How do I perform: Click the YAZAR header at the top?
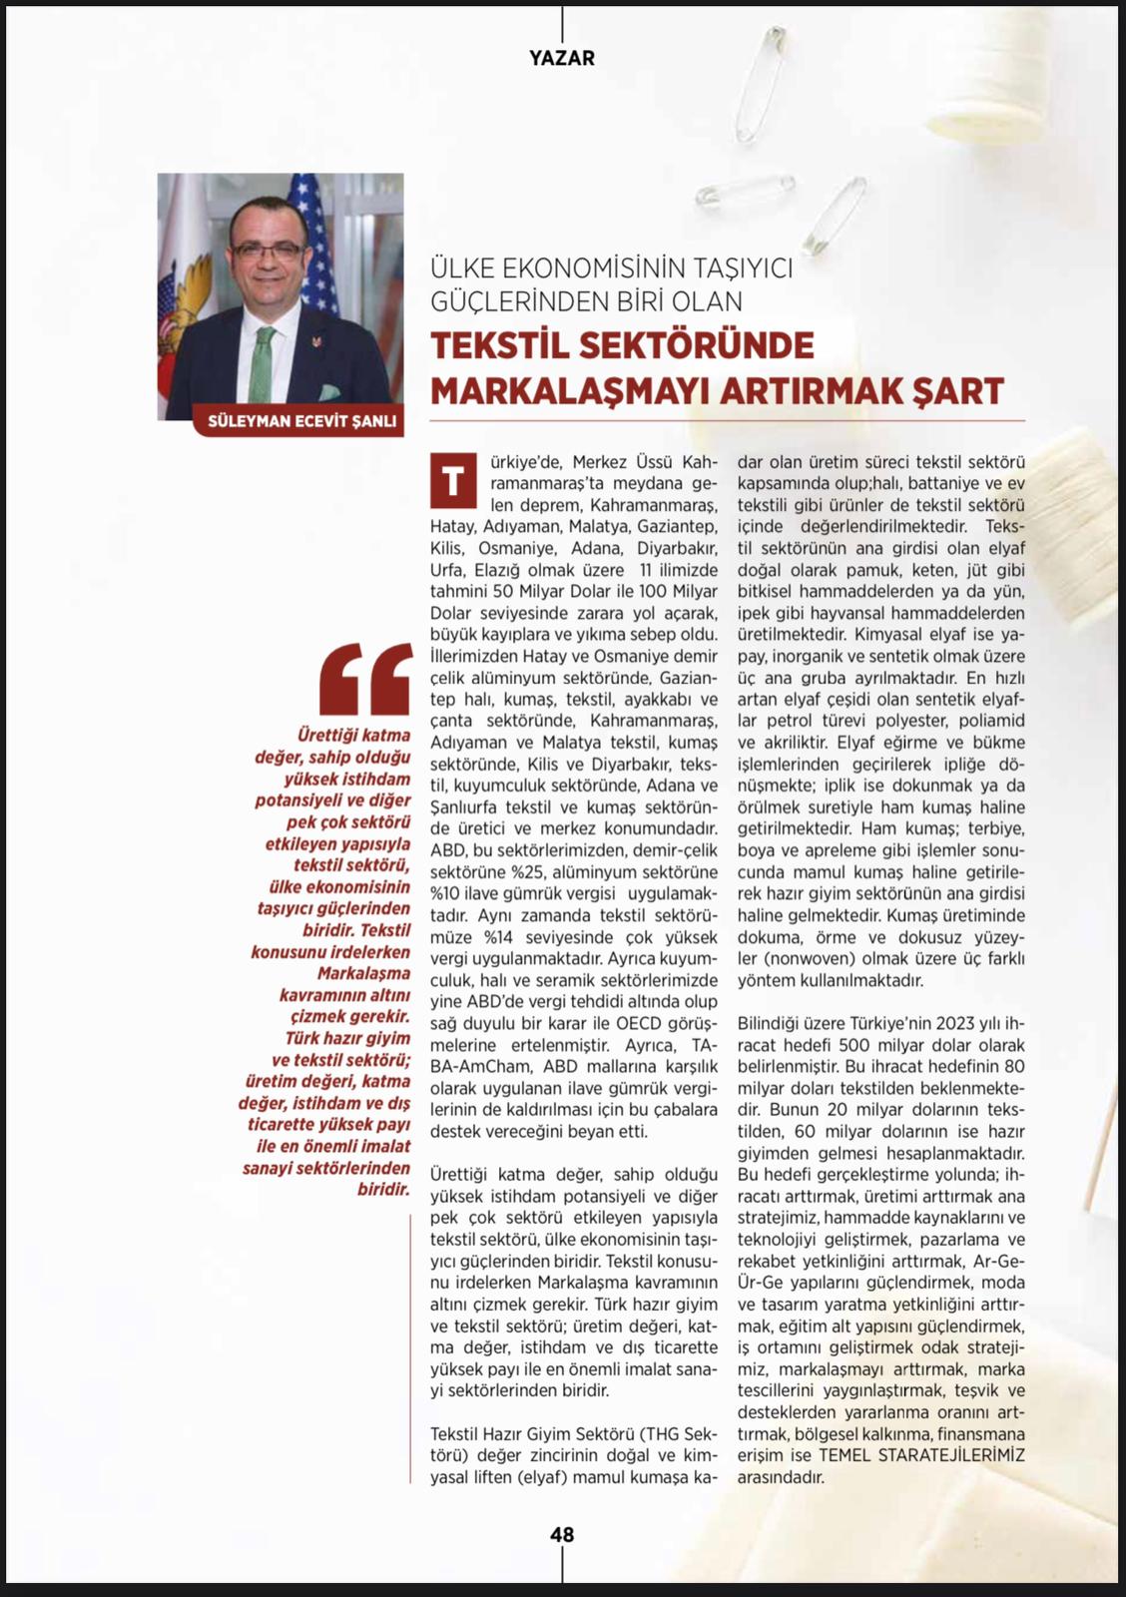pos(562,58)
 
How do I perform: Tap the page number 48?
pos(562,1535)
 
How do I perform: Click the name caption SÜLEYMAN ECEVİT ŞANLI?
pos(301,421)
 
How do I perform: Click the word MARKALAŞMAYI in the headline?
pos(570,391)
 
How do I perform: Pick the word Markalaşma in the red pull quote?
pos(364,973)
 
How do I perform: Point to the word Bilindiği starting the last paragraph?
pos(773,1023)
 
